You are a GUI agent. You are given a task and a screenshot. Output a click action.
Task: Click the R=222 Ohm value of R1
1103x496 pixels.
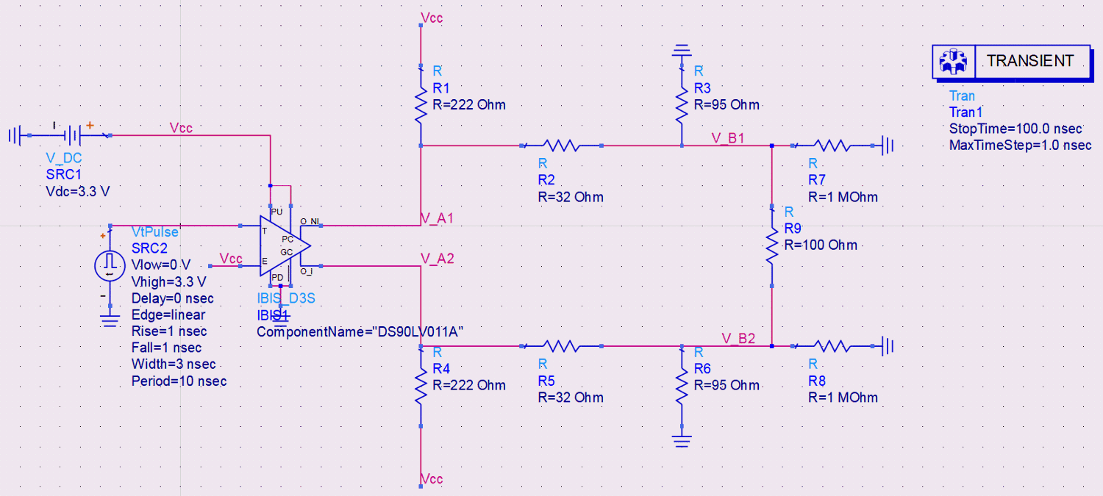point(469,104)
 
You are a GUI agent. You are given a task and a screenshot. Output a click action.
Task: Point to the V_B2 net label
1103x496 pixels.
point(738,338)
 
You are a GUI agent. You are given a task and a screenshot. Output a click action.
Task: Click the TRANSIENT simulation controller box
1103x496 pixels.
point(1012,62)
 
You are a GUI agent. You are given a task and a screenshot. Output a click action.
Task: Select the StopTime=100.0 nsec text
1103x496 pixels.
point(1016,129)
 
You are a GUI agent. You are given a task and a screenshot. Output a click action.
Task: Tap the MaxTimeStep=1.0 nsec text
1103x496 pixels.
point(1020,145)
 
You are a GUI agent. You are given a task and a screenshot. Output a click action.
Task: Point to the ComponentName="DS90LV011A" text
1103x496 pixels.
point(360,331)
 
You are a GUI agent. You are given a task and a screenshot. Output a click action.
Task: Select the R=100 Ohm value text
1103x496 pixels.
point(821,245)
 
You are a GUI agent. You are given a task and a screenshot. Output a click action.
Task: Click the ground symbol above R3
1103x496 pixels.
point(682,51)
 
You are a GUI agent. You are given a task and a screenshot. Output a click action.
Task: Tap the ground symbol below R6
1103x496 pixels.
point(682,440)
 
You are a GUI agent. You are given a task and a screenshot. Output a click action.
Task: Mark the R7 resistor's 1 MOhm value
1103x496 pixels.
point(843,197)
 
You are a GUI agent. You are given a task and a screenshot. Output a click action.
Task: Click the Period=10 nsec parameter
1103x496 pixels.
point(179,381)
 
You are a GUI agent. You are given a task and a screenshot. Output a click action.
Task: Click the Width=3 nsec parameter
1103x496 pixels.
point(174,364)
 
